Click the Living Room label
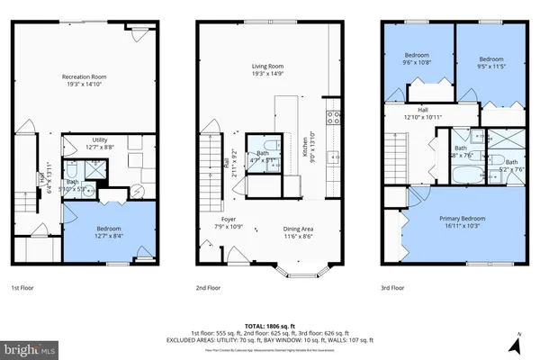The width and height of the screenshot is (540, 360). [x=269, y=66]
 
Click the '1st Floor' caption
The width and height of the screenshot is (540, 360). [x=23, y=288]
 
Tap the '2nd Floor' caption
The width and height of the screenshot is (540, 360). [x=208, y=288]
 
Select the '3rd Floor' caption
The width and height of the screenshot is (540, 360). [x=392, y=288]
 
